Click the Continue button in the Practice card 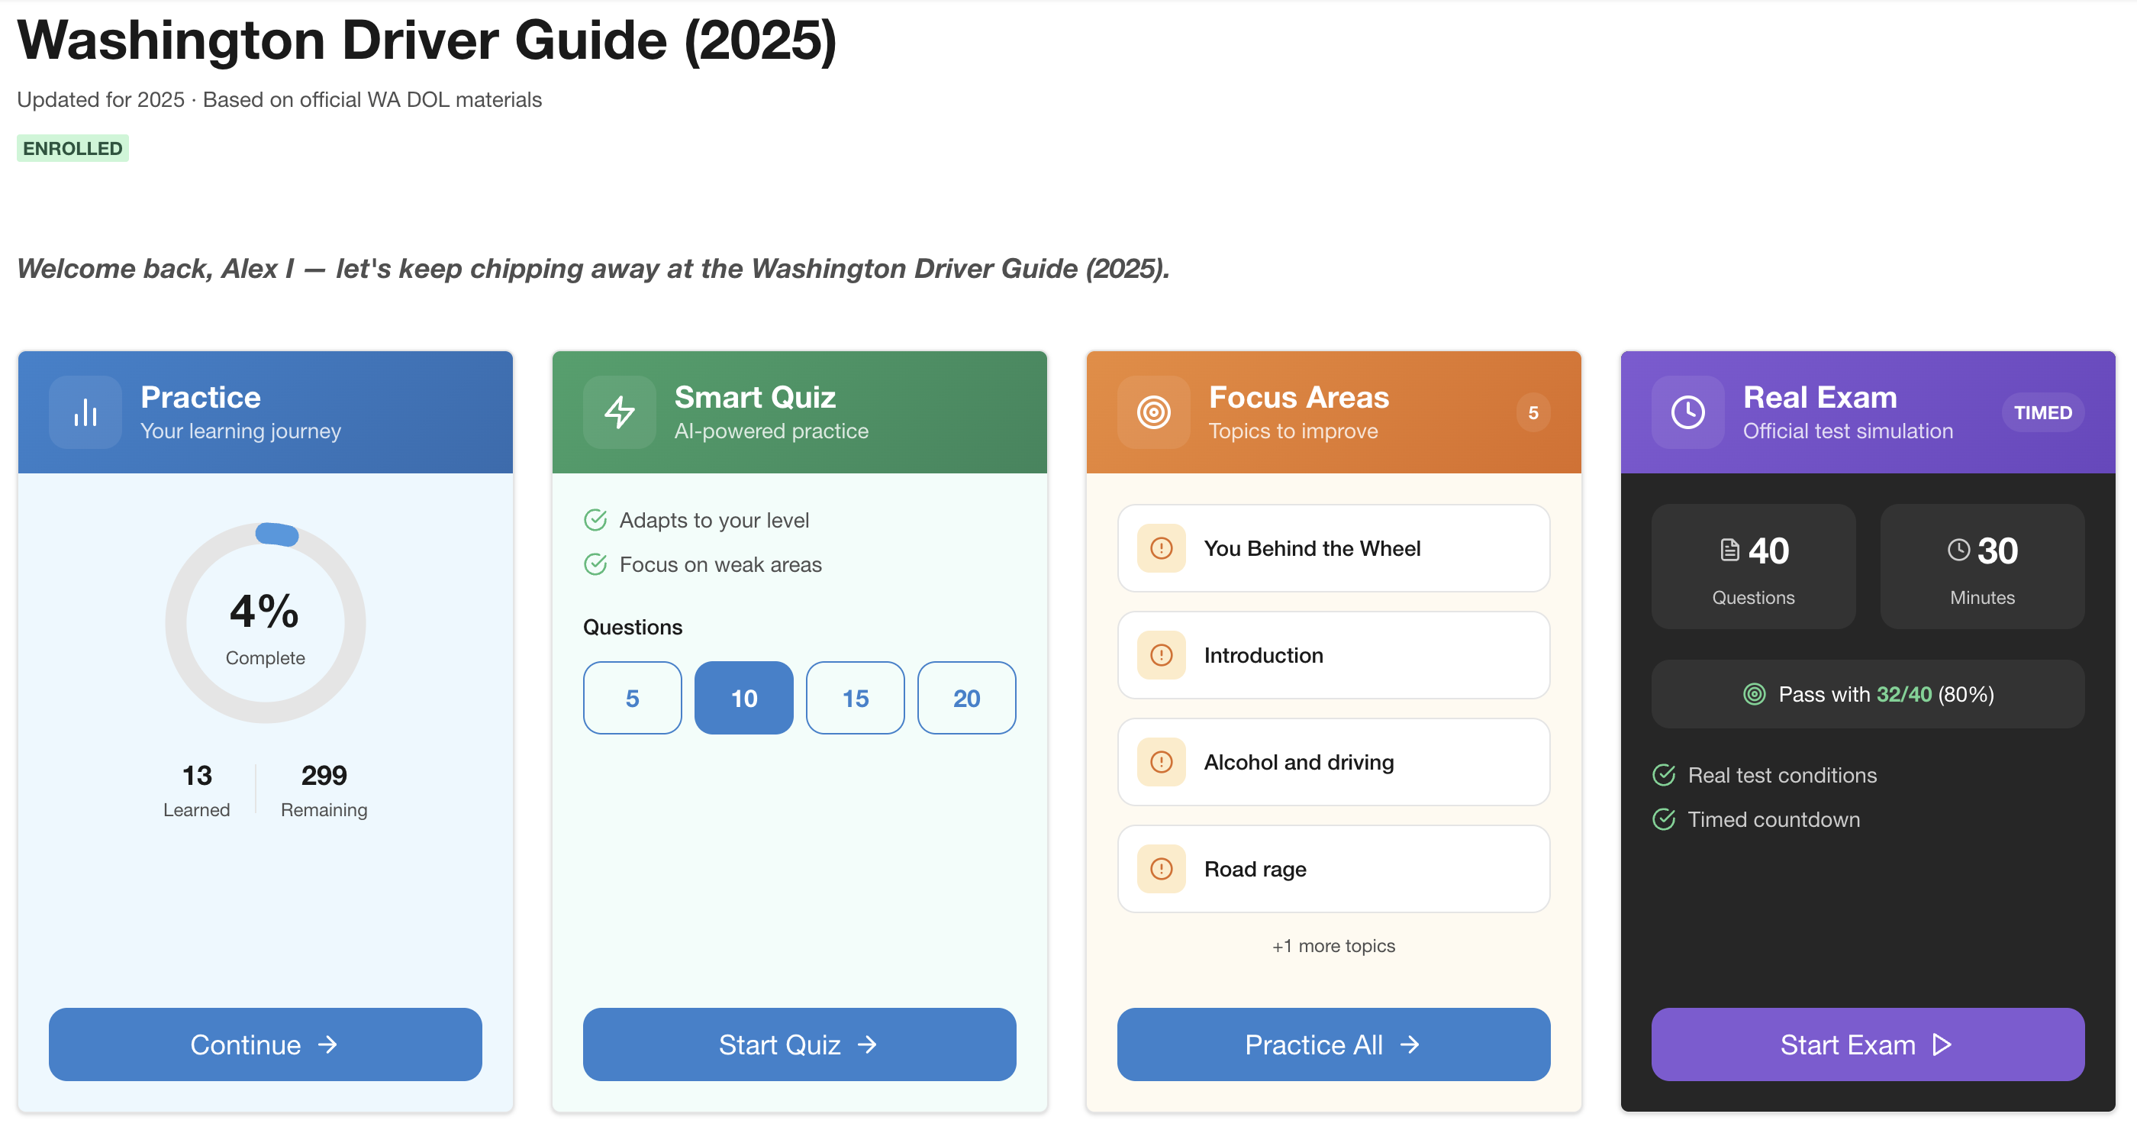pyautogui.click(x=265, y=1044)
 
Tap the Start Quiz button pyautogui.click(x=799, y=1044)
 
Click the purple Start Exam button pyautogui.click(x=1867, y=1044)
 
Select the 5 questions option pyautogui.click(x=632, y=698)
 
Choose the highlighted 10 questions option pyautogui.click(x=743, y=698)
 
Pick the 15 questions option pyautogui.click(x=855, y=698)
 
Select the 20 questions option pyautogui.click(x=966, y=698)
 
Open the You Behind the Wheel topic pyautogui.click(x=1333, y=547)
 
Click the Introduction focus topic pyautogui.click(x=1333, y=654)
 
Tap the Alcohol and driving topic pyautogui.click(x=1333, y=762)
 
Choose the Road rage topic pyautogui.click(x=1333, y=869)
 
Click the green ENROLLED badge pyautogui.click(x=73, y=149)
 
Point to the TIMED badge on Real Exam pyautogui.click(x=2042, y=412)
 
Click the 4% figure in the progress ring pyautogui.click(x=265, y=612)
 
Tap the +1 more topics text pyautogui.click(x=1333, y=946)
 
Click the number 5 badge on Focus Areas pyautogui.click(x=1533, y=412)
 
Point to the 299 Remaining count pyautogui.click(x=324, y=776)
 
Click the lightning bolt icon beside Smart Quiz pyautogui.click(x=619, y=412)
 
